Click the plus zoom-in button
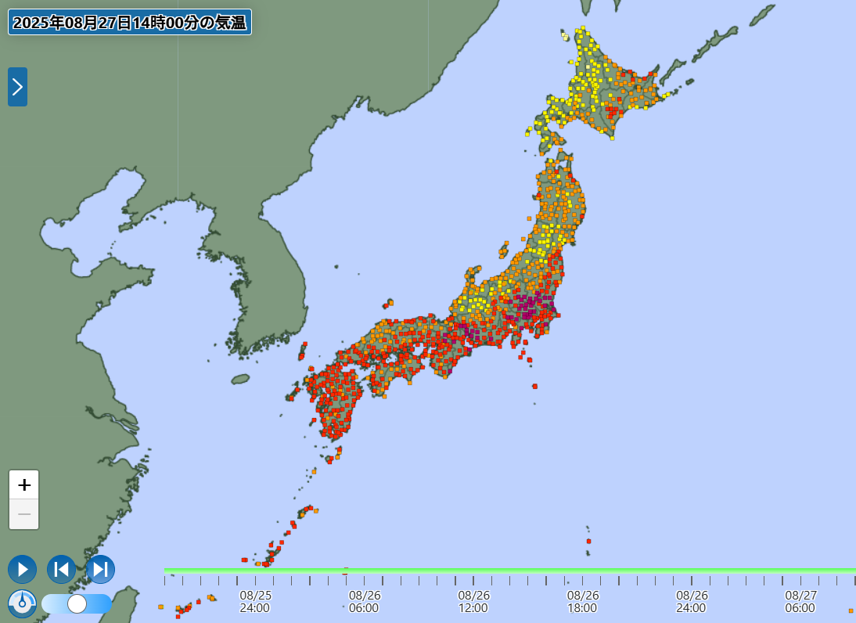(24, 485)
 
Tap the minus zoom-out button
(24, 514)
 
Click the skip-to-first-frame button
(61, 569)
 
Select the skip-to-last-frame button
(100, 569)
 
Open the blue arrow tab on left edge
(17, 87)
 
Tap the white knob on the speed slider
(77, 603)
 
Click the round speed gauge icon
(22, 603)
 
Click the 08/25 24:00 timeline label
(255, 601)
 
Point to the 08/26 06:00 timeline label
(365, 601)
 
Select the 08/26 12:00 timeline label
(473, 601)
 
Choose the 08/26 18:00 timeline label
(583, 601)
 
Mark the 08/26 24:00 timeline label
(692, 601)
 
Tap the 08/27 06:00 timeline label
(800, 601)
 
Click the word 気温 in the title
(231, 23)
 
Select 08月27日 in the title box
(98, 23)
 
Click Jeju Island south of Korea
(240, 379)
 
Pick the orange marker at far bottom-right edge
(851, 610)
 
